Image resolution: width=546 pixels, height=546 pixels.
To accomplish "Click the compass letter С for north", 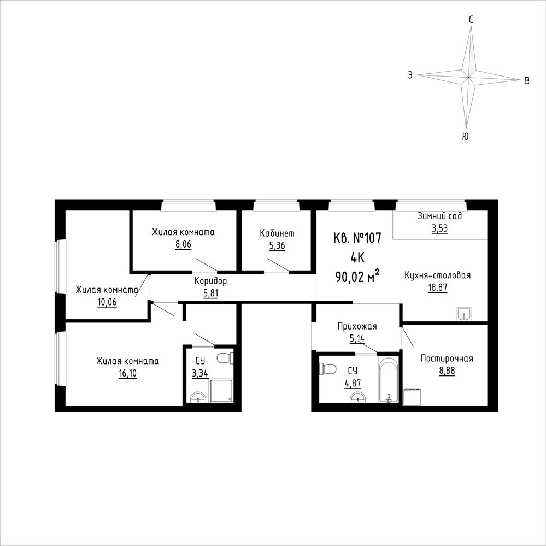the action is pyautogui.click(x=471, y=20).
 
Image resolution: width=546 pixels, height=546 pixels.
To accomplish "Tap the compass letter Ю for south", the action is pyautogui.click(x=465, y=136).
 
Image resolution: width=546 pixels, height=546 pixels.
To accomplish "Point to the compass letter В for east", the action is pyautogui.click(x=527, y=81).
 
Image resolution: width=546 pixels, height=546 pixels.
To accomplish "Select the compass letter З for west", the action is pyautogui.click(x=410, y=75).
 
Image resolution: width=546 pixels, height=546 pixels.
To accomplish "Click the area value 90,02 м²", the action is pyautogui.click(x=357, y=277).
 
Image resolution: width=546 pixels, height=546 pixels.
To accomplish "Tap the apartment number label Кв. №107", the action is pyautogui.click(x=357, y=238).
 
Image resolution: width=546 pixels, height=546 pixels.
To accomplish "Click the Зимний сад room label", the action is pyautogui.click(x=440, y=216).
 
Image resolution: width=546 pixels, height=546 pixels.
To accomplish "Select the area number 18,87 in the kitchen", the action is pyautogui.click(x=438, y=287).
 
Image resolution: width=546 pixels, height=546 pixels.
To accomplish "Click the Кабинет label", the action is pyautogui.click(x=277, y=233).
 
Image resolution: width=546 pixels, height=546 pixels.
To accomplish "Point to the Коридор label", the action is pyautogui.click(x=210, y=281).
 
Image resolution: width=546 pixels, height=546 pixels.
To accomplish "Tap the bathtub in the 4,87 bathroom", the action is pyautogui.click(x=388, y=379).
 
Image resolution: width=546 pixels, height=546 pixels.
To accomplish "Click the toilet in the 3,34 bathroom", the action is pyautogui.click(x=225, y=358).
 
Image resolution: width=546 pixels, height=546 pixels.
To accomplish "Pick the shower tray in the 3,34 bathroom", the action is pyautogui.click(x=221, y=391).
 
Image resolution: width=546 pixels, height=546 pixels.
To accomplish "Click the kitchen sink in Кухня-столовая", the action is pyautogui.click(x=464, y=313).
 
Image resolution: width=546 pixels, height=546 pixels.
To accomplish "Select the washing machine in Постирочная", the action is pyautogui.click(x=413, y=397).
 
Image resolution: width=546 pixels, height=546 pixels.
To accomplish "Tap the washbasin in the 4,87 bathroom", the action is pyautogui.click(x=359, y=397).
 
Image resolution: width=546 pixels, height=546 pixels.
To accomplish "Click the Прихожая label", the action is pyautogui.click(x=357, y=326).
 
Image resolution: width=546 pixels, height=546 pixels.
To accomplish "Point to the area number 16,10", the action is pyautogui.click(x=127, y=374).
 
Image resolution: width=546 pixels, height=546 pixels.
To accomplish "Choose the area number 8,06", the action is pyautogui.click(x=183, y=244).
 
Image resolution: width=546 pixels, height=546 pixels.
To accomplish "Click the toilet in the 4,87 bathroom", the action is pyautogui.click(x=328, y=368).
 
